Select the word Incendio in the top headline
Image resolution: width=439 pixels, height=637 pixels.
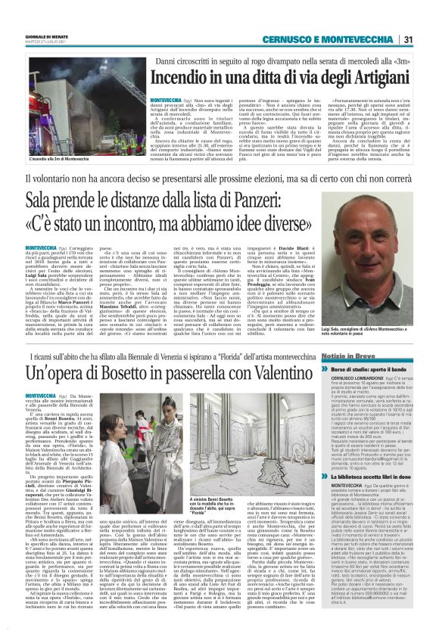click(181, 78)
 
